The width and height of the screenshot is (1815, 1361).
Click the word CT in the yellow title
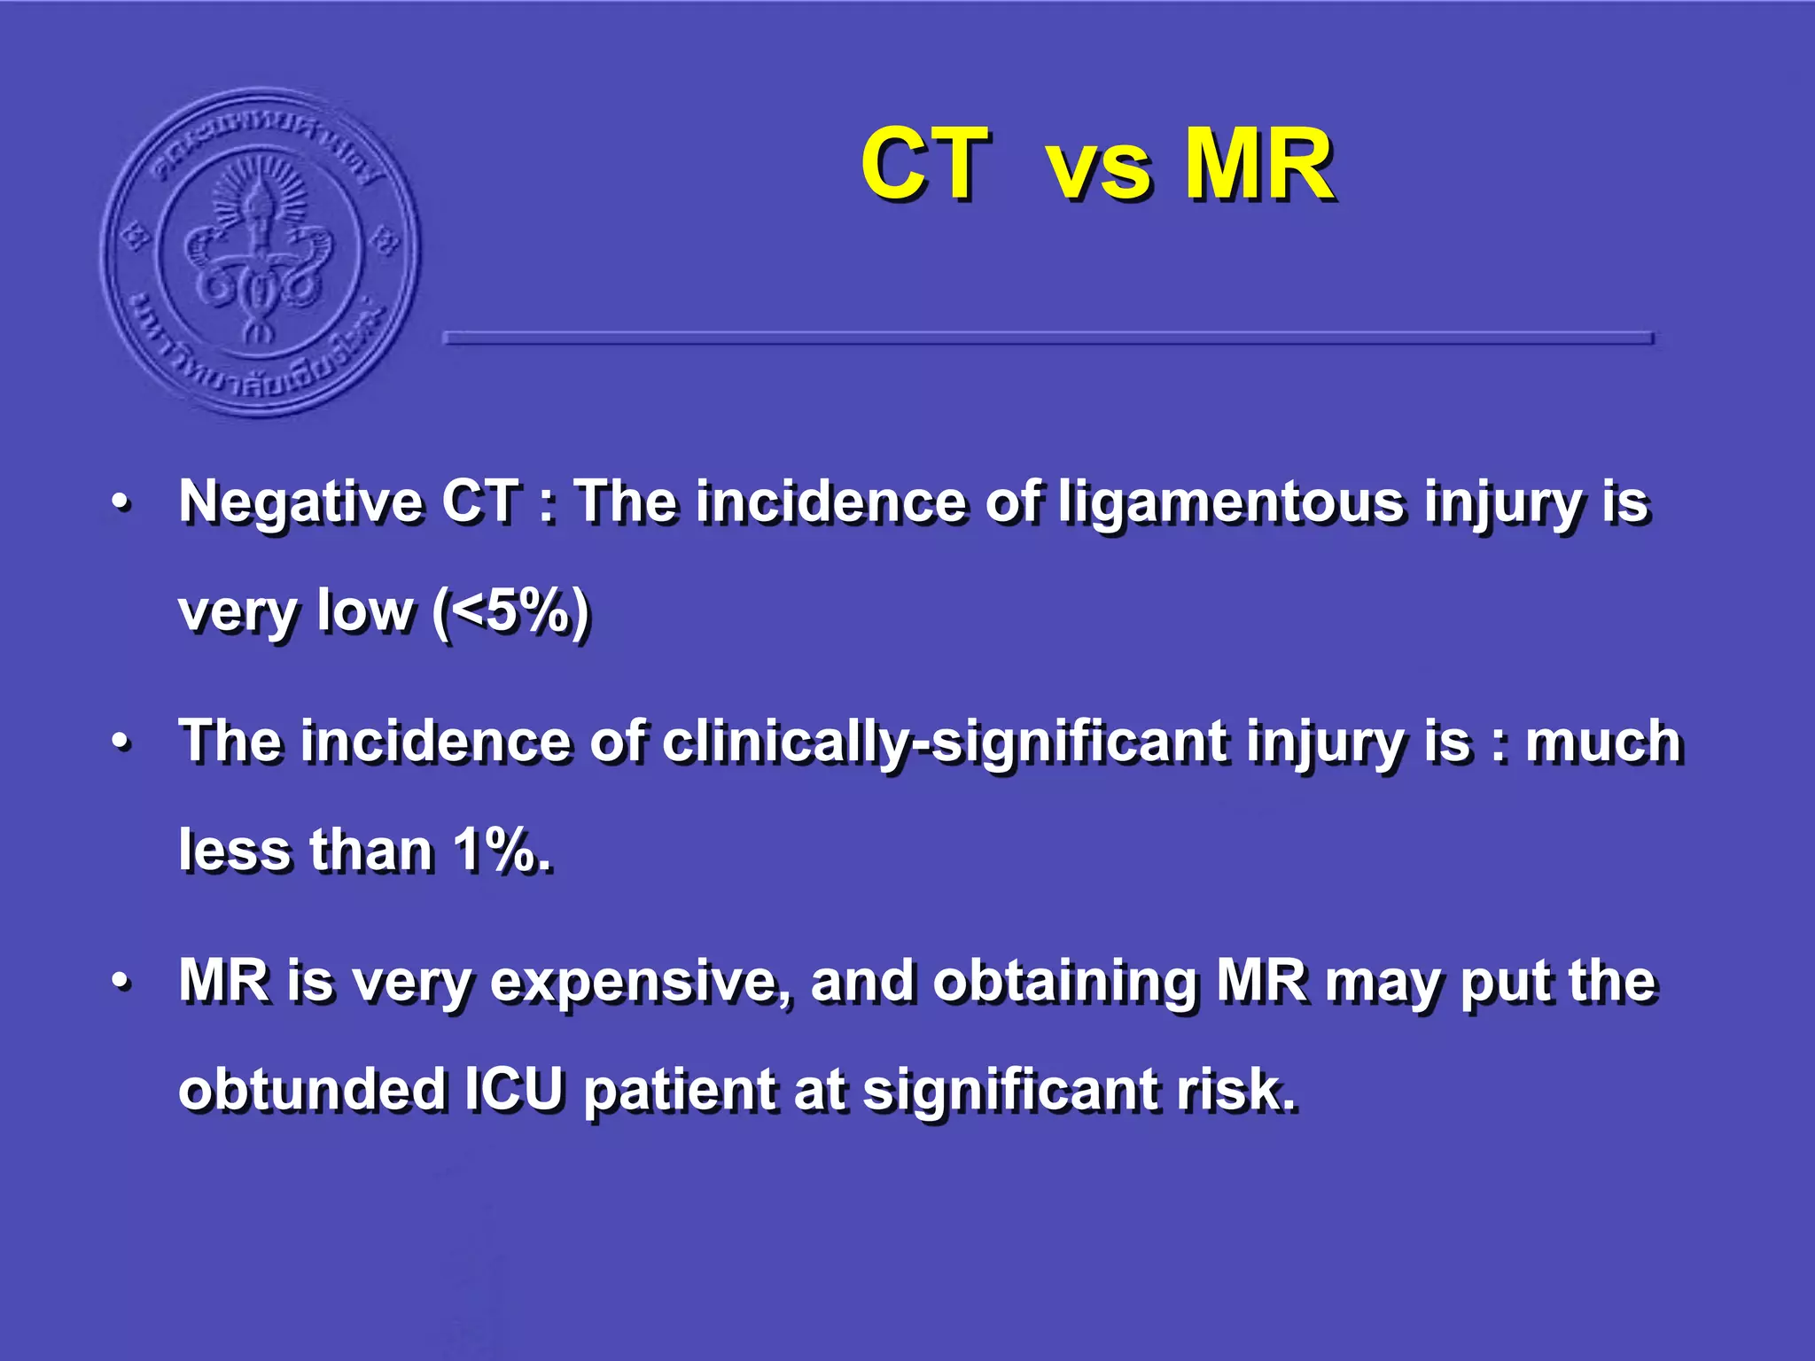coord(924,165)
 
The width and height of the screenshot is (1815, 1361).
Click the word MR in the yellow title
coord(1258,165)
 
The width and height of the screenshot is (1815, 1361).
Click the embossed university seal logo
coord(260,252)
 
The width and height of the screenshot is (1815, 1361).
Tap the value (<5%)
coord(511,611)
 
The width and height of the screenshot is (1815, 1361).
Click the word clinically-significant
coord(945,743)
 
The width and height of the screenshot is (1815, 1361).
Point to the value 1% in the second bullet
coord(501,851)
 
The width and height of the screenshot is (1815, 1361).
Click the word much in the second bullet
coord(1602,743)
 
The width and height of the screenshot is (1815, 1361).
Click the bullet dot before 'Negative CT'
coord(121,503)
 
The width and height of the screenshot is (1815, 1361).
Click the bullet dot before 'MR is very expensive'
coord(121,982)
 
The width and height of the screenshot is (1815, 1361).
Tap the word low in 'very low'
coord(365,611)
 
